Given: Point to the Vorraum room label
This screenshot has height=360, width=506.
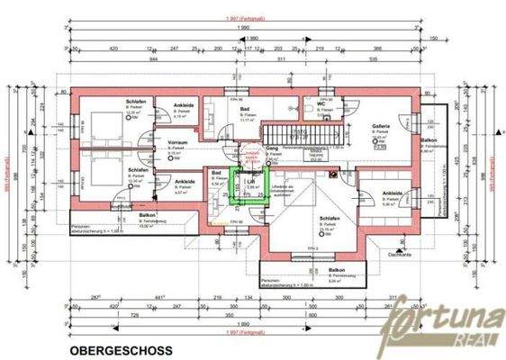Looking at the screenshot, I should (x=177, y=142).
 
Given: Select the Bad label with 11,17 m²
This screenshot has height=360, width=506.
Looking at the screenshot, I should (x=245, y=107).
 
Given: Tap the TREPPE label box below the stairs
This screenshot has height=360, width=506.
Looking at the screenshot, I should (x=314, y=153).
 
